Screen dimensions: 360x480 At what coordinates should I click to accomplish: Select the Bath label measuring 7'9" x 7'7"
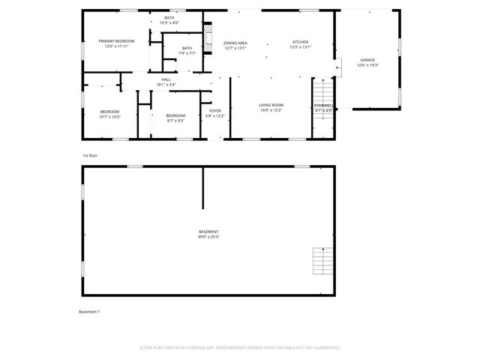187,50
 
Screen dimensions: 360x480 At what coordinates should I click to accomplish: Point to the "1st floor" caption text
90,155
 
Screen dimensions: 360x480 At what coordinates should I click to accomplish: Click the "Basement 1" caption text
89,311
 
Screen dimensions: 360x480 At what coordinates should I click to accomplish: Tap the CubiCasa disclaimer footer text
240,348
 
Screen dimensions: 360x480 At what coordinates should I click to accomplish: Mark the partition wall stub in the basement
202,187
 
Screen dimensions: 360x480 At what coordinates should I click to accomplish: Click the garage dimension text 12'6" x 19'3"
367,66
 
